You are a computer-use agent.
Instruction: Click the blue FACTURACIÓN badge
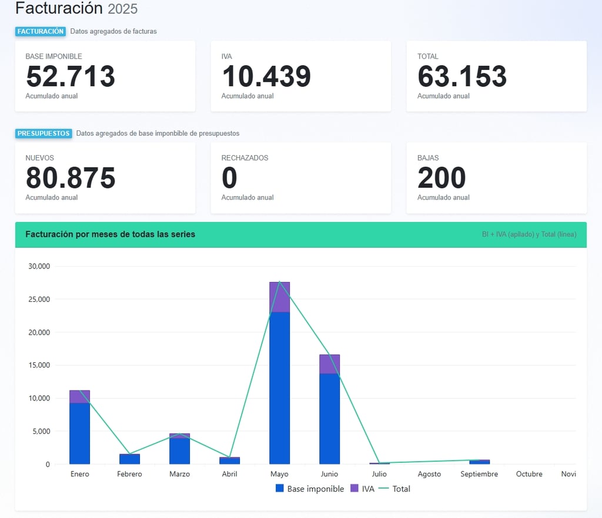coord(40,32)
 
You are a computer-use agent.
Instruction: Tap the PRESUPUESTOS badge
coord(44,133)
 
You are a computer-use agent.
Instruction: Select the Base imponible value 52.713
coord(71,76)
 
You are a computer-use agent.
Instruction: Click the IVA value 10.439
coord(266,76)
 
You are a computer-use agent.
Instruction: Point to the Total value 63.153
coord(462,76)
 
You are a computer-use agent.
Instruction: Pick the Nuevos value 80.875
coord(71,178)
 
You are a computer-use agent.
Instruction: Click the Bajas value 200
coord(442,178)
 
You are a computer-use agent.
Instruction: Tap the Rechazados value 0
coord(229,178)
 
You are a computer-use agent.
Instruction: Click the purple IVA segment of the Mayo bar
coord(279,297)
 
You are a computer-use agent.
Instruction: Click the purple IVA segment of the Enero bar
coord(79,396)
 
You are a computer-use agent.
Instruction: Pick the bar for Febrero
coord(129,459)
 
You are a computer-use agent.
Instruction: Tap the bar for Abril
coord(229,460)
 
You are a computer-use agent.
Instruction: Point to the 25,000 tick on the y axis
coord(39,300)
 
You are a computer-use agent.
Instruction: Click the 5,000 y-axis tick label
coord(41,432)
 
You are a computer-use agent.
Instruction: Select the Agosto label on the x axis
coord(429,474)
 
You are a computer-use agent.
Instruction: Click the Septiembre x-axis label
coord(479,474)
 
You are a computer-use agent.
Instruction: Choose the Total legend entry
coord(394,489)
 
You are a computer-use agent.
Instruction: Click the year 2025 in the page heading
coord(122,9)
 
